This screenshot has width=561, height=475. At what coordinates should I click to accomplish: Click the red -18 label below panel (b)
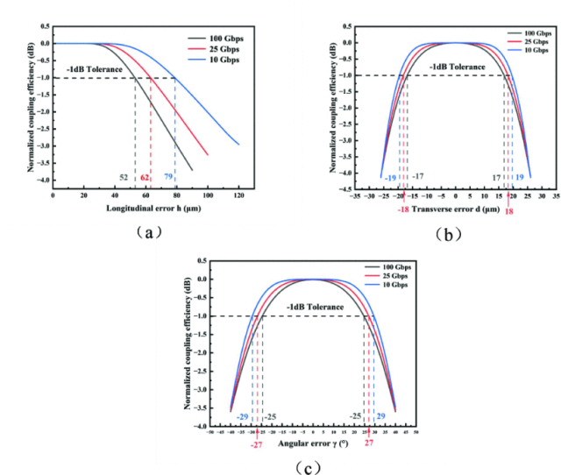[x=403, y=209]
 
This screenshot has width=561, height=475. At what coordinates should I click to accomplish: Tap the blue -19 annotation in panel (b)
[x=389, y=178]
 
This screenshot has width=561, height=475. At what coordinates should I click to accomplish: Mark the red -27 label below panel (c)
[x=256, y=445]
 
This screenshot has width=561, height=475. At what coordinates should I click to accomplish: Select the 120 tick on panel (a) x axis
[x=238, y=198]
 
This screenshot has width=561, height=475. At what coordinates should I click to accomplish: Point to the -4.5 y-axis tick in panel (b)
[x=347, y=188]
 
